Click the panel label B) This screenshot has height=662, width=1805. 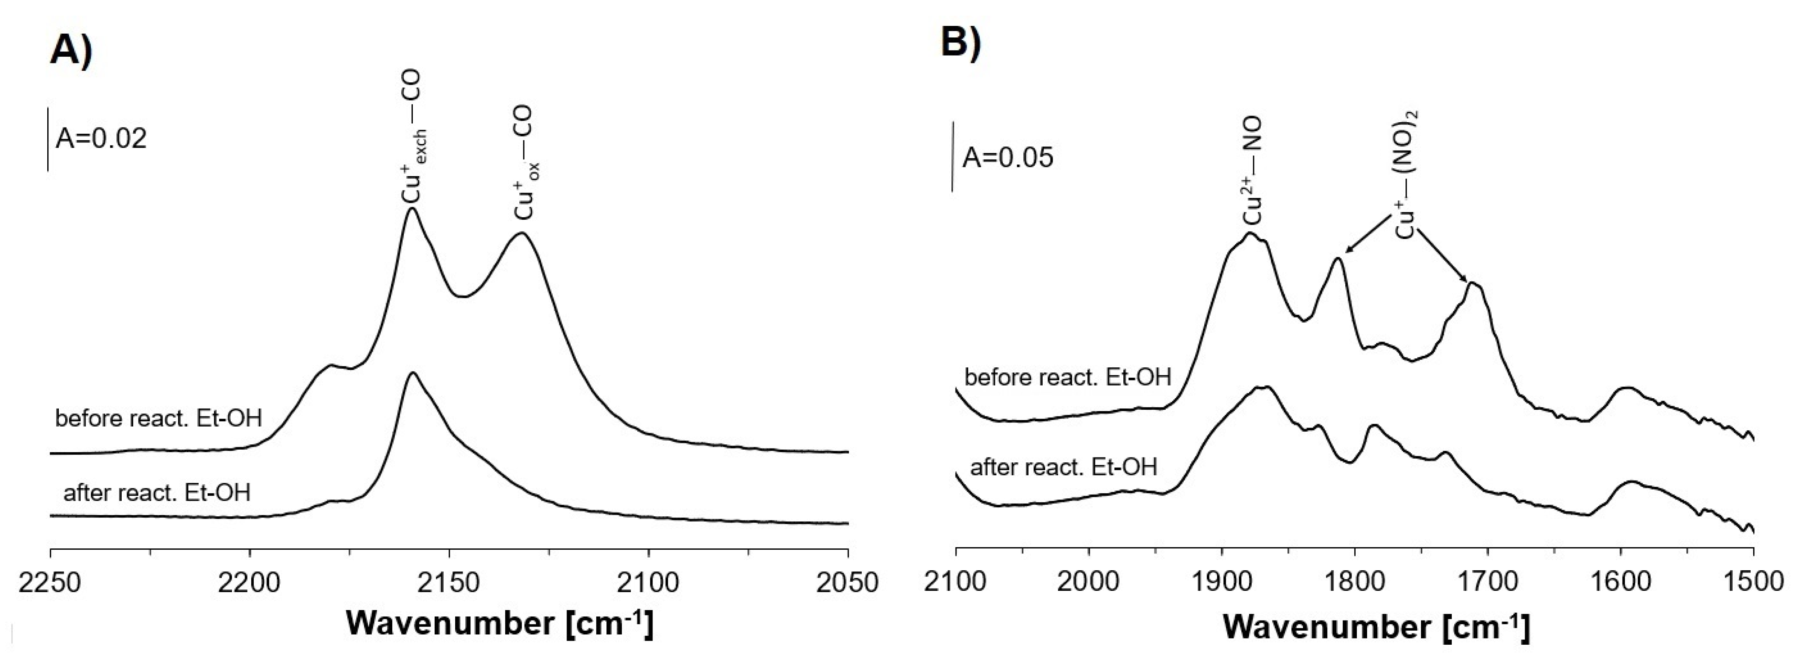pos(960,44)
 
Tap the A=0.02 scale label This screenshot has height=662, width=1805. pos(102,139)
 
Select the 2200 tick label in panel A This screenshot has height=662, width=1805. pos(250,583)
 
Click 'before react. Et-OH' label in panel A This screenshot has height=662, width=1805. pos(158,419)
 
